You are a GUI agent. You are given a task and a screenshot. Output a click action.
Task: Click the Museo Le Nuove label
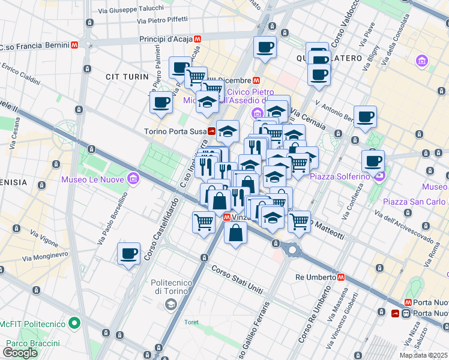pos(92,179)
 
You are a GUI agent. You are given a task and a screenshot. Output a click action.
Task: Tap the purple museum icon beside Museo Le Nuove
pos(133,178)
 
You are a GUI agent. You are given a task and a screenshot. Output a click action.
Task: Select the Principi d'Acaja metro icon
pos(197,38)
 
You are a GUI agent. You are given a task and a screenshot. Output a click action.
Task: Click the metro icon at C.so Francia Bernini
pos(74,45)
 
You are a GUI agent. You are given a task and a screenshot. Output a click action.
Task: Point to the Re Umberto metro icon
pos(341,277)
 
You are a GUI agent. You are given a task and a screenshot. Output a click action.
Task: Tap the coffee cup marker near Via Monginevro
pos(128,254)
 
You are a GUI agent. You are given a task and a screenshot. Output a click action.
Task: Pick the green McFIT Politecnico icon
pos(74,323)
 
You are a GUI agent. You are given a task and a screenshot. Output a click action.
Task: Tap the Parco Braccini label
pos(33,343)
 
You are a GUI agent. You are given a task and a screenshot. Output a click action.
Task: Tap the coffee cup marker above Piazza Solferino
pos(373,161)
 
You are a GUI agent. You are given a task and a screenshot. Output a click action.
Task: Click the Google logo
pos(20,353)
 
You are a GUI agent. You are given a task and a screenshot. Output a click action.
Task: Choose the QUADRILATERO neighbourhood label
pos(329,58)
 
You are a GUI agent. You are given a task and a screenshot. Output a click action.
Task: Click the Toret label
pos(191,322)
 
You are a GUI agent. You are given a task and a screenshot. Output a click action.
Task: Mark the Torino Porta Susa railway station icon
pos(212,131)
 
